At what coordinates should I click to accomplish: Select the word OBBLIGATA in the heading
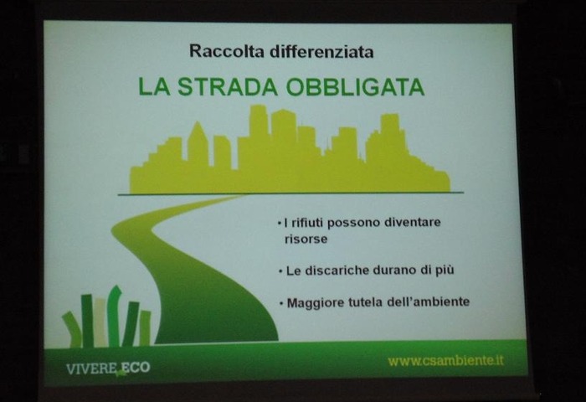coord(356,87)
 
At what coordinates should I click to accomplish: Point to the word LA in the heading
coord(153,87)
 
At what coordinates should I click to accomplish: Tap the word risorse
coord(306,240)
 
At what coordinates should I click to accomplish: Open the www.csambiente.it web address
coord(446,361)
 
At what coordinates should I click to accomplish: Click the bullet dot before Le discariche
coord(280,271)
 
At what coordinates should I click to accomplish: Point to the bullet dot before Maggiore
coord(281,303)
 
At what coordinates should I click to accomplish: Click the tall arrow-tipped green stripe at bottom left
coord(114,317)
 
